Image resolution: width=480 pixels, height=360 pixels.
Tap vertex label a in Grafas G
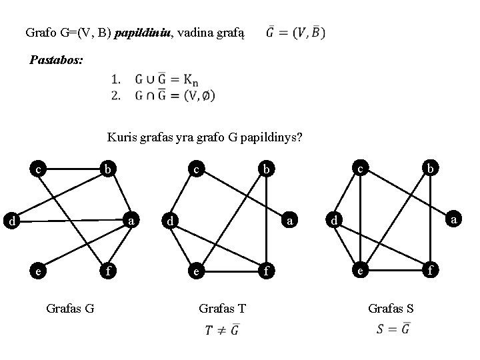point(133,220)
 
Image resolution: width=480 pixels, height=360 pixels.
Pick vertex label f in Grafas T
point(267,271)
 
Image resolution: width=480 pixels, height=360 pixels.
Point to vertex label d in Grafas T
point(171,221)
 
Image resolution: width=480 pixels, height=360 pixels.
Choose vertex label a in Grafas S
point(453,218)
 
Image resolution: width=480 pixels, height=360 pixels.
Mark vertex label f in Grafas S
point(431,271)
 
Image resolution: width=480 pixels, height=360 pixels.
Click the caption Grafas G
point(70,308)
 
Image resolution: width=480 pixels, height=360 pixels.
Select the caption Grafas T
point(223,308)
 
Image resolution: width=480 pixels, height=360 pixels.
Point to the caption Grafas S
point(391,308)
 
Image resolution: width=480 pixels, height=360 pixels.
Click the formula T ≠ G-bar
point(223,329)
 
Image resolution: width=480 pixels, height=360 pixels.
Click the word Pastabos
point(57,60)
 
